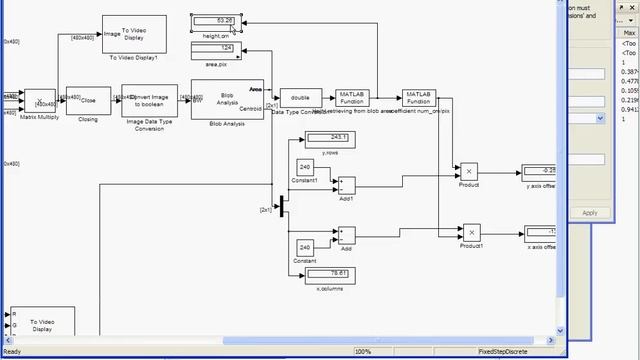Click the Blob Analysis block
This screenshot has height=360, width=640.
click(x=227, y=99)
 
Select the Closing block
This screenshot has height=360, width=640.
click(x=88, y=100)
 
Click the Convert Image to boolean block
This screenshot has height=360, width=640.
click(x=149, y=100)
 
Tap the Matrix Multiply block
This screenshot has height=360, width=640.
click(x=40, y=100)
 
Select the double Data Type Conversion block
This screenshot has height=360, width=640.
click(x=300, y=98)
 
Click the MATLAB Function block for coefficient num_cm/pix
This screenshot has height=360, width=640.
click(x=418, y=98)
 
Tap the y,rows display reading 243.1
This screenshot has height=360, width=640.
click(x=331, y=138)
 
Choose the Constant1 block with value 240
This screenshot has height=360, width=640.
click(x=306, y=167)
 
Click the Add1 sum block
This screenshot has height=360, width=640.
click(x=346, y=185)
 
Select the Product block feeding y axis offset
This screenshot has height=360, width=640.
click(x=469, y=171)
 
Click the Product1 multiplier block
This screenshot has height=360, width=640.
click(x=470, y=232)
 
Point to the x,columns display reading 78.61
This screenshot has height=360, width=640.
click(x=331, y=273)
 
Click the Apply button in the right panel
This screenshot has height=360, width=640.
click(x=590, y=212)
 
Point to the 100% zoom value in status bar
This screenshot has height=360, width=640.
click(x=362, y=352)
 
